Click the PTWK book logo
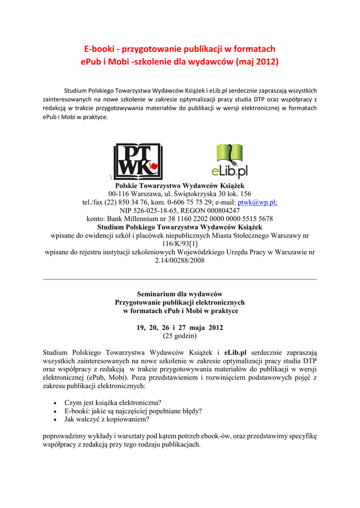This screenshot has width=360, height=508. click(138, 162)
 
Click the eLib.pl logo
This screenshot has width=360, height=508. click(229, 161)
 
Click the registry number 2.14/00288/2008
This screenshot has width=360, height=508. click(180, 260)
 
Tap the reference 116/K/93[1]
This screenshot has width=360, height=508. click(180, 244)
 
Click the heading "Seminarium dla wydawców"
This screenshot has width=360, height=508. click(180, 294)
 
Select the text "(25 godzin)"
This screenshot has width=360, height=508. click(180, 336)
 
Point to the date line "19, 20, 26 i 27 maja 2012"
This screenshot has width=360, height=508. click(180, 328)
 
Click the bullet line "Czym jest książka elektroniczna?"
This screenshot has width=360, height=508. click(113, 402)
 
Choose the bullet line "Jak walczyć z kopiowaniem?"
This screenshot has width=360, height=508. click(107, 419)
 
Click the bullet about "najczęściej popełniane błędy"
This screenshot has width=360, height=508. click(133, 411)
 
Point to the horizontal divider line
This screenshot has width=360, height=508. click(180, 279)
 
